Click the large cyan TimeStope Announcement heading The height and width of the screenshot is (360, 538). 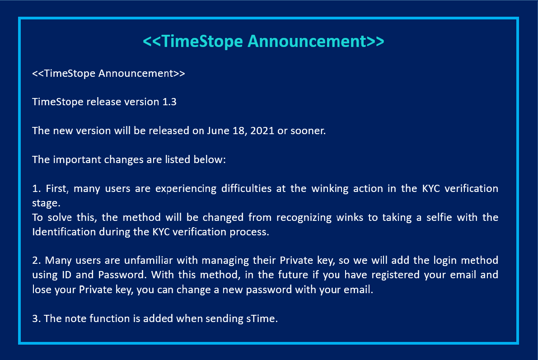click(263, 41)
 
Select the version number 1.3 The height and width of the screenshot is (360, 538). click(169, 102)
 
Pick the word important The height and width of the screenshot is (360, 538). click(76, 160)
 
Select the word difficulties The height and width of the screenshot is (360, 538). click(248, 188)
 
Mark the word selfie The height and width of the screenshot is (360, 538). click(453, 217)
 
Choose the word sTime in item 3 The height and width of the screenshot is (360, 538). click(262, 318)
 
